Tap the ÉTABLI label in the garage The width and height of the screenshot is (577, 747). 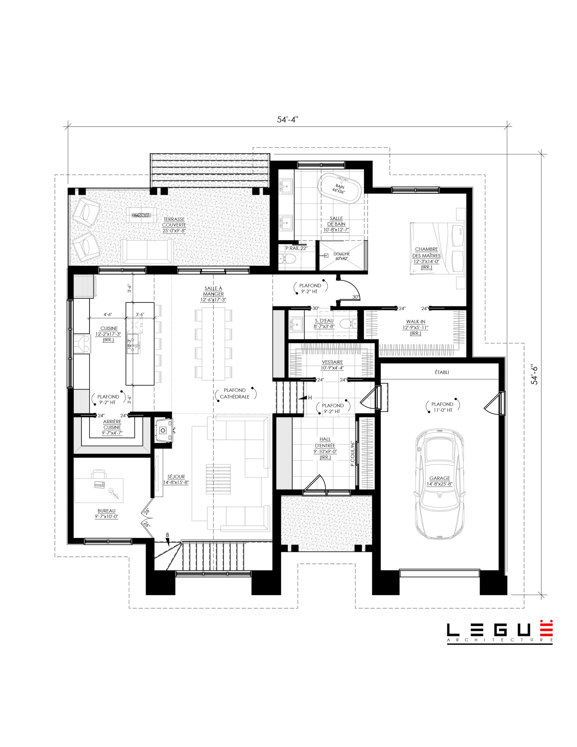pos(442,372)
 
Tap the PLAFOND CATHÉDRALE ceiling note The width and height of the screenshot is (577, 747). pos(235,393)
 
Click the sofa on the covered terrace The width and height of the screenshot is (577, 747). pos(147,252)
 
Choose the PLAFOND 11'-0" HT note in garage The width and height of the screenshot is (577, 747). pos(442,407)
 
